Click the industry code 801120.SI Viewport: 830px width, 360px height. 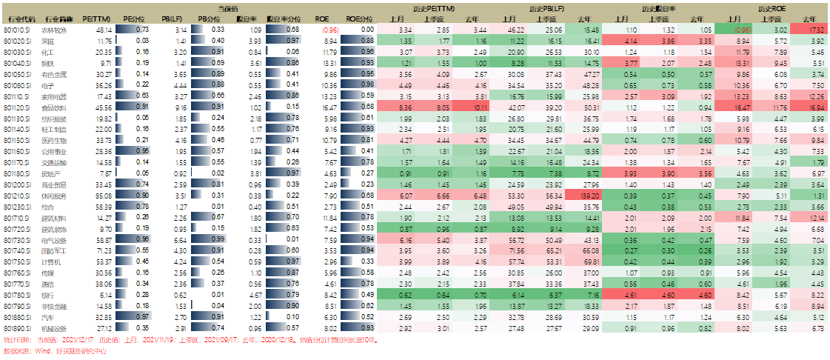pyautogui.click(x=16, y=107)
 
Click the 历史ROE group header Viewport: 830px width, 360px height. pyautogui.click(x=772, y=7)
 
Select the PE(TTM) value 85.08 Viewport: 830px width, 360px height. pyautogui.click(x=103, y=195)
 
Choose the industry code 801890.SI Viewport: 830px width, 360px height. pyautogui.click(x=16, y=328)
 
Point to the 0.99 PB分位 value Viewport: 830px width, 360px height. pyautogui.click(x=218, y=239)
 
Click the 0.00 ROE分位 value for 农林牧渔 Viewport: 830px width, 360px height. pyautogui.click(x=367, y=29)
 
